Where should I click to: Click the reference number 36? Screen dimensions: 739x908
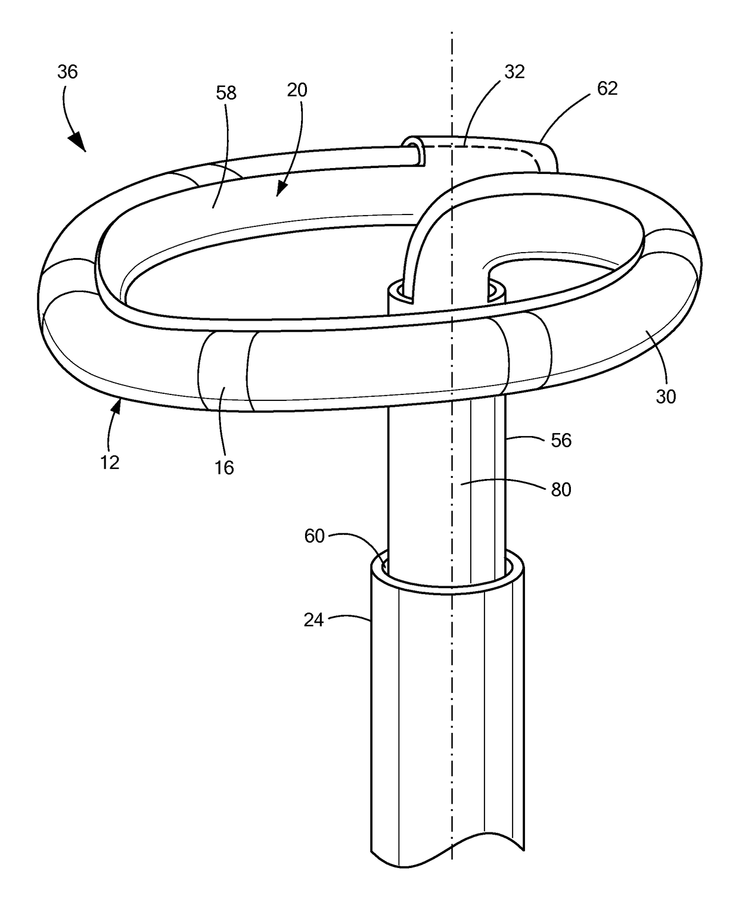point(67,72)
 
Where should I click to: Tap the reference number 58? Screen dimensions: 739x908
point(226,93)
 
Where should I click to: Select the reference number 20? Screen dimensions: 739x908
point(297,90)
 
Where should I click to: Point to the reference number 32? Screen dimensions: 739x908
point(514,71)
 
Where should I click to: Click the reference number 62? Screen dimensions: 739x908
point(607,89)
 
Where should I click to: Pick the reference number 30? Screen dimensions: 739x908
point(666,396)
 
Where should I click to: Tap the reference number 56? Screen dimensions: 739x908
point(561,440)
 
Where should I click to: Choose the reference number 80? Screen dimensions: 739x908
point(561,489)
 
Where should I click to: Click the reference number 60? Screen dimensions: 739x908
point(314,536)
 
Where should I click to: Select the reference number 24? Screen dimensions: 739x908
point(313,620)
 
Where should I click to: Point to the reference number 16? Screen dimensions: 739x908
point(224,468)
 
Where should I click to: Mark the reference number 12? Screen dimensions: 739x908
point(110,462)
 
